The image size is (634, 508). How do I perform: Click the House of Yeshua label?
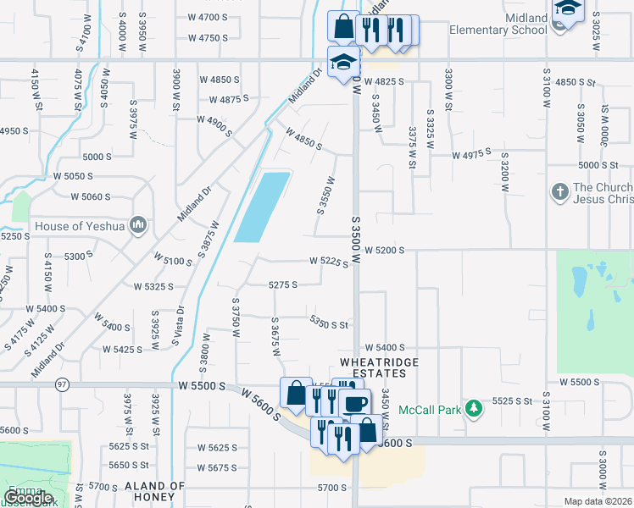(81, 226)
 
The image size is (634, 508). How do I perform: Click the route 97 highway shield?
(62, 385)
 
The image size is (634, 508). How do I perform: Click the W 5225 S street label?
(329, 262)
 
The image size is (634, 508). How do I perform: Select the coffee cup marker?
(356, 404)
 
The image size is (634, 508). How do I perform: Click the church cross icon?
(559, 192)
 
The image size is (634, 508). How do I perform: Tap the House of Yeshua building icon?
(140, 226)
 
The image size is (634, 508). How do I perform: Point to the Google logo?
(27, 498)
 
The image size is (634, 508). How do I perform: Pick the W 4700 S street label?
(208, 17)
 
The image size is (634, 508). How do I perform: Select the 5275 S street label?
(282, 285)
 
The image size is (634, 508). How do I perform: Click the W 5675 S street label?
(218, 467)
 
